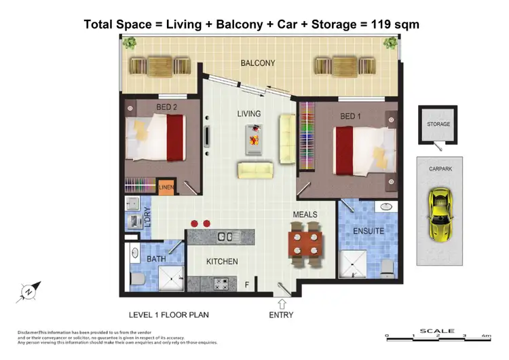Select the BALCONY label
[257, 63]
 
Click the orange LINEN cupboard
[166, 187]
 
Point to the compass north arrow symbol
[29, 290]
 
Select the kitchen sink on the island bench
[225, 236]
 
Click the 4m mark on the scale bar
[486, 336]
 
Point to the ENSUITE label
[369, 231]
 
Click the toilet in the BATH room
[134, 279]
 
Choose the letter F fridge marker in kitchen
[247, 285]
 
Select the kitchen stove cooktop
[220, 284]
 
